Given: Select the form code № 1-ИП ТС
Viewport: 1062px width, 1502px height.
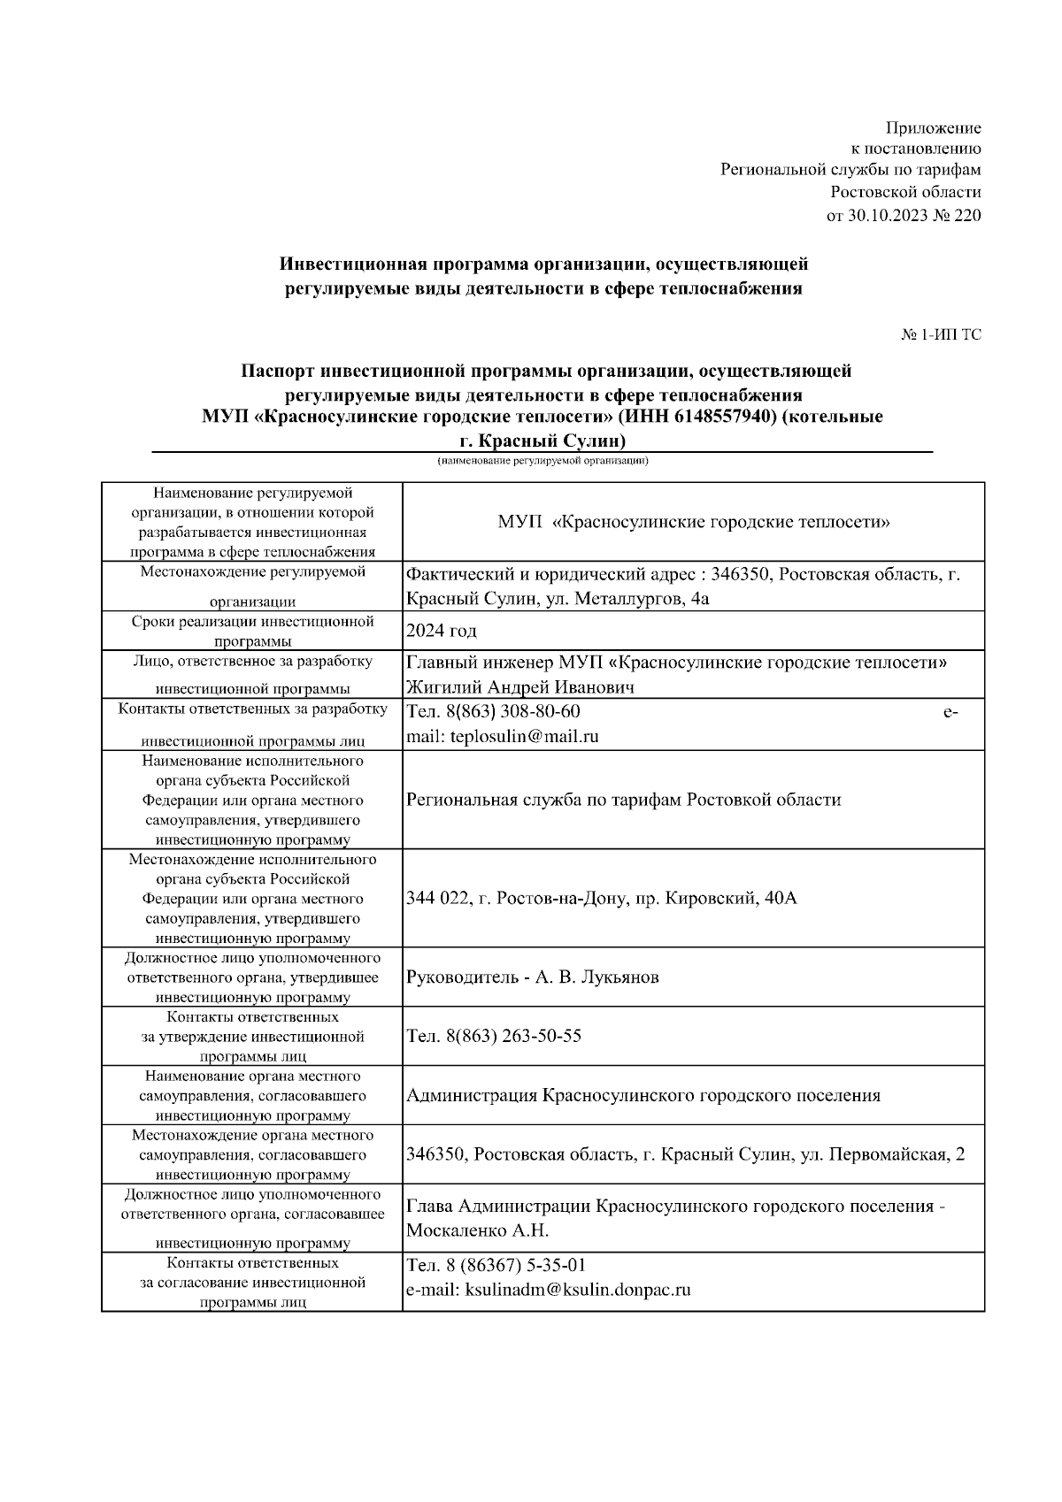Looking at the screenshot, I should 941,334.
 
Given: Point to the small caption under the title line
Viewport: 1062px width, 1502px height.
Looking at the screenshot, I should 543,461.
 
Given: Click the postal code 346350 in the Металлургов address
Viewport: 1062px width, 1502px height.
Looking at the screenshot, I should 744,575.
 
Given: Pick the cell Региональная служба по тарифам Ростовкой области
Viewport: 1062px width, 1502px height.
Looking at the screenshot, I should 623,800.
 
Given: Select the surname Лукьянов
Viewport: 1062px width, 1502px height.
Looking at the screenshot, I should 620,977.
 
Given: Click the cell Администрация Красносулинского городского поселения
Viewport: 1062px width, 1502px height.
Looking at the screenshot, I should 643,1095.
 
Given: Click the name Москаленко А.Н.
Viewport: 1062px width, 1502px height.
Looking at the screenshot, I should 478,1230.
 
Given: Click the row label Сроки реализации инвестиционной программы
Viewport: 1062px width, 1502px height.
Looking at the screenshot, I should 252,631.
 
